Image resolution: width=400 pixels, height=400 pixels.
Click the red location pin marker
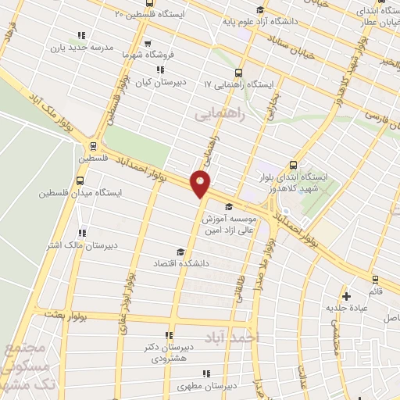201,184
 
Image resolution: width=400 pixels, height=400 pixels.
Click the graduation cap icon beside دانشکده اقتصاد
180,252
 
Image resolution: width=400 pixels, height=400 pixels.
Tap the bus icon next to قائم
374,279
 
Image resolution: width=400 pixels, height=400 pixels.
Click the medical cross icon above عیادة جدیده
346,296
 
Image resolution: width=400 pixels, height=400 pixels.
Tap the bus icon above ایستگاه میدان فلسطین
80,180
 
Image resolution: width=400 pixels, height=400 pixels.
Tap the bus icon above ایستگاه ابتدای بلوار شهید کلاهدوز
294,165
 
